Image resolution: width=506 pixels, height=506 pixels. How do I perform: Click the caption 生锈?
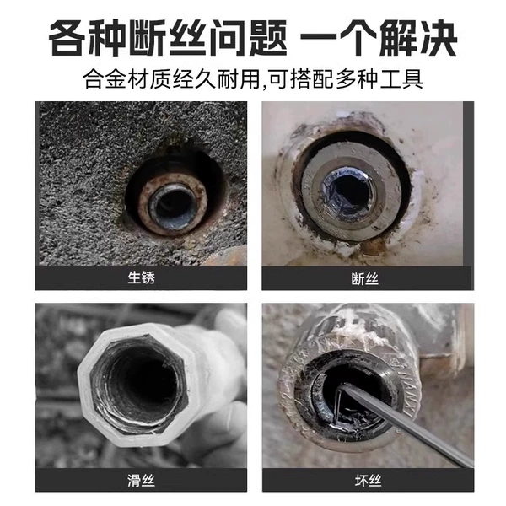(141, 277)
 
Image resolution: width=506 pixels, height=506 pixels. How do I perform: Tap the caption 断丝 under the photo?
(364, 279)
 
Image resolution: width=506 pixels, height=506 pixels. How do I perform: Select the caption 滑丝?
(141, 481)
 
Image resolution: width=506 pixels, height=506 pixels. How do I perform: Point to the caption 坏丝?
(368, 481)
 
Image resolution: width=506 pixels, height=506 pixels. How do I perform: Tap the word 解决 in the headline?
(418, 37)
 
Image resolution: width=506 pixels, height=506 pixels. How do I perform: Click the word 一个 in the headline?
(338, 37)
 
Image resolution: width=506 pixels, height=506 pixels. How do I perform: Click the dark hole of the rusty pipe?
(172, 206)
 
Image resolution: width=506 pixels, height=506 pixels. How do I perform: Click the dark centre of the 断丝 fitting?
(349, 194)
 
